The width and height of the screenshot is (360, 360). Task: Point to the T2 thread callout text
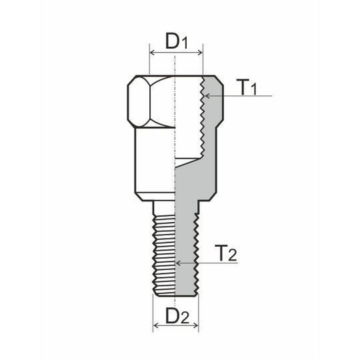[x=227, y=254]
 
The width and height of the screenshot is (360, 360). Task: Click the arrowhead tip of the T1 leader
[x=206, y=97]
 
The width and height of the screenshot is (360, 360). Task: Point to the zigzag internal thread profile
[x=201, y=120]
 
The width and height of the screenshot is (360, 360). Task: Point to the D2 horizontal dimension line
[x=175, y=326]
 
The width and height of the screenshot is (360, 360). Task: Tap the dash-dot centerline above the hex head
[x=174, y=63]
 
